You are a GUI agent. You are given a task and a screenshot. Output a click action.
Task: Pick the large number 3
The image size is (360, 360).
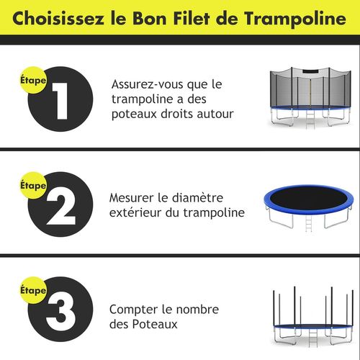tap(60, 312)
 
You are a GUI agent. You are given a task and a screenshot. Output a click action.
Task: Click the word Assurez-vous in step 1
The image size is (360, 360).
tap(148, 84)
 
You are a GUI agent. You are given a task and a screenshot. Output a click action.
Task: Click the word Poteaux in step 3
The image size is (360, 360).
tap(156, 324)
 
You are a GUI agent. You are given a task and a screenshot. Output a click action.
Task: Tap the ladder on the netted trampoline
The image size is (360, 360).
tap(311, 119)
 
